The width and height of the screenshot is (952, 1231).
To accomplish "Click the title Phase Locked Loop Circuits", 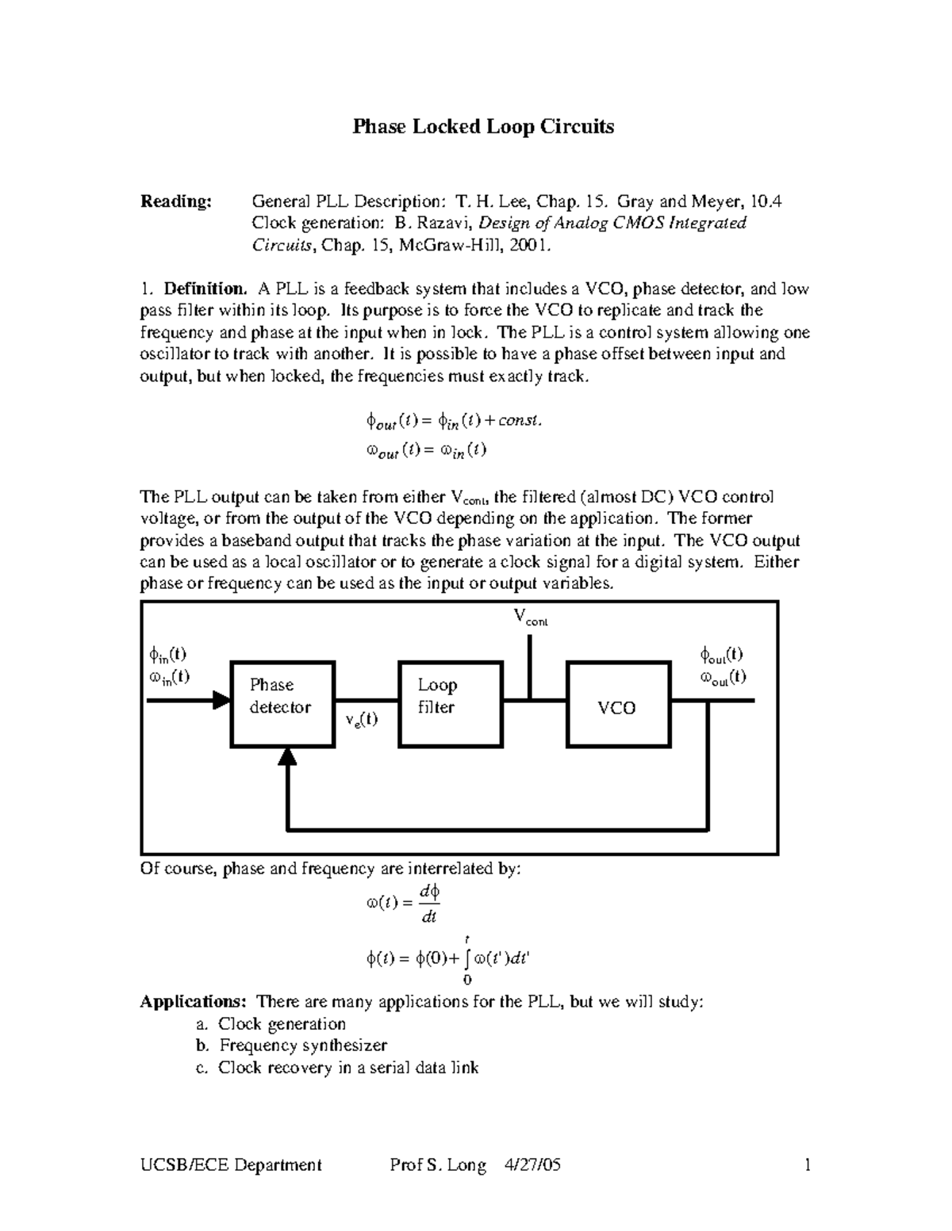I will pos(483,127).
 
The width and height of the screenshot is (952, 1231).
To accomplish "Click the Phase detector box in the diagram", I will pos(282,704).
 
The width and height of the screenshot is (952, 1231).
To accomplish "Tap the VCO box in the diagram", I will pos(617,704).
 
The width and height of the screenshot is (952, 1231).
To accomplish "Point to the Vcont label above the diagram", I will pos(530,617).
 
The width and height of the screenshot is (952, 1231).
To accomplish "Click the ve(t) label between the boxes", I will pos(361,720).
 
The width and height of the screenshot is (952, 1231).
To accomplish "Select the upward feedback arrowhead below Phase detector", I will pos(287,758).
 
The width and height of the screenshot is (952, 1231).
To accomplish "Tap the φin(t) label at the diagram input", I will pos(167,655).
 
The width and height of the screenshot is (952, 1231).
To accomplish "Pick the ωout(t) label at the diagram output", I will pos(722,678).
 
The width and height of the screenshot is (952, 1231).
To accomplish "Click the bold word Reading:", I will pos(176,201).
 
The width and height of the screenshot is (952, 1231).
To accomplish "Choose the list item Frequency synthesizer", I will pos(303,1046).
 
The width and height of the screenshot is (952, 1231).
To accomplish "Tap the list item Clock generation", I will pos(282,1024).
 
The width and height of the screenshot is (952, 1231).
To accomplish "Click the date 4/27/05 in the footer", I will pos(532,1165).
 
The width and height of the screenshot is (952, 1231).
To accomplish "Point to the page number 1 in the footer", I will pos(807,1165).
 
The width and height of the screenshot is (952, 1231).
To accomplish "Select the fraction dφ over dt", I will pos(429,904).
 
